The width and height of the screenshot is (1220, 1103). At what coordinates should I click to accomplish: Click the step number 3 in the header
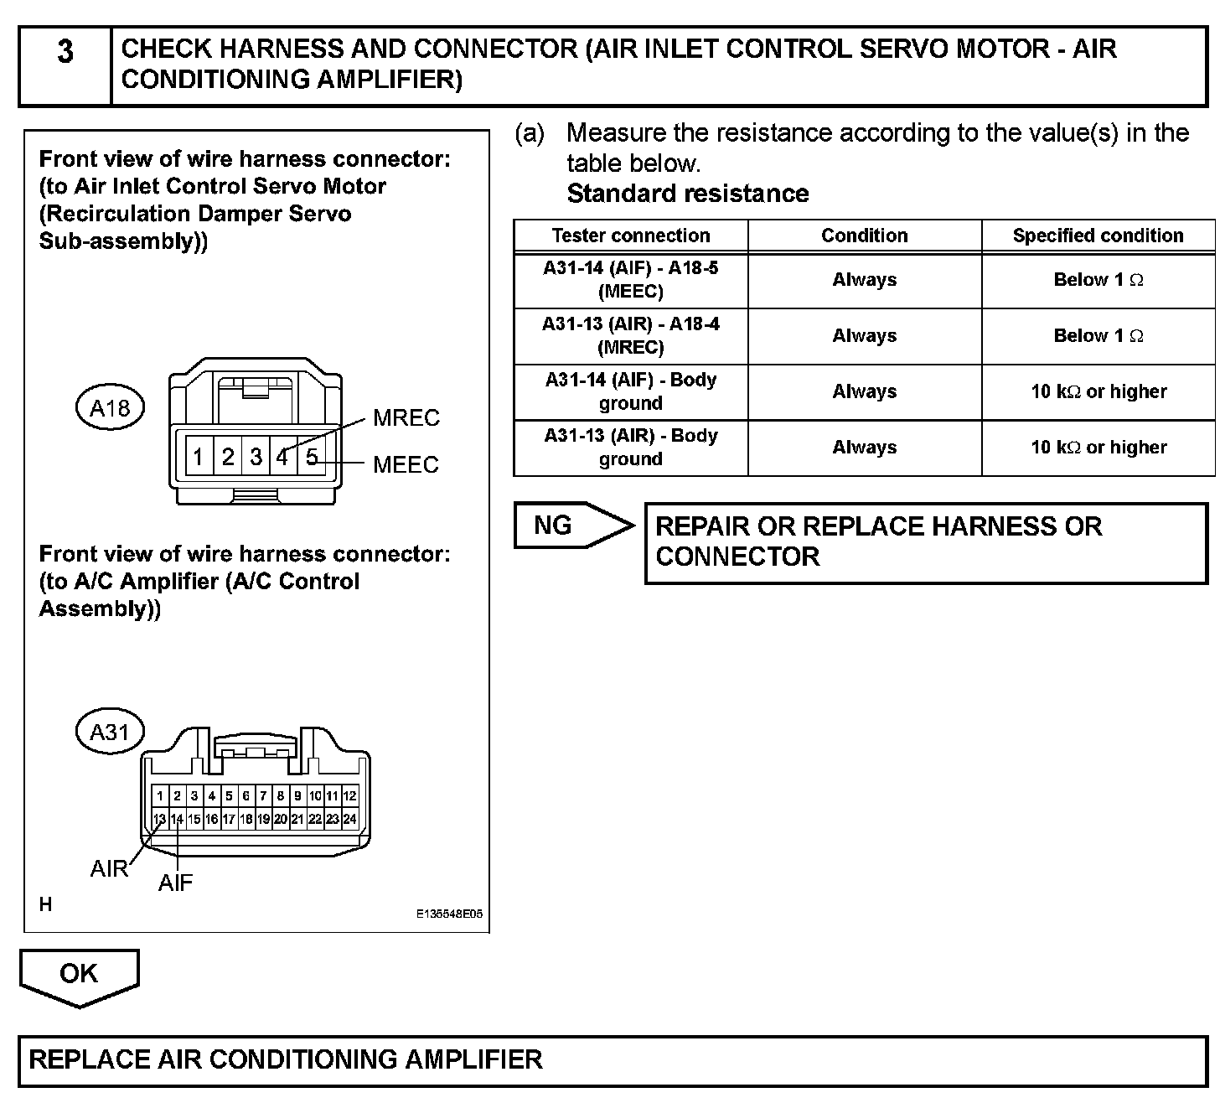pyautogui.click(x=65, y=52)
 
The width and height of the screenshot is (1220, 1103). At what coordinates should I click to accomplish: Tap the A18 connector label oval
pyautogui.click(x=110, y=408)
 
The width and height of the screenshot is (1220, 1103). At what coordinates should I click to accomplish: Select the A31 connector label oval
pyautogui.click(x=110, y=733)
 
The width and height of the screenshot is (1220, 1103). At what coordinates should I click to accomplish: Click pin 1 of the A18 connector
pyautogui.click(x=199, y=457)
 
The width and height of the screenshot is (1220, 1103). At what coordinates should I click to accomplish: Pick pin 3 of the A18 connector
pyautogui.click(x=256, y=457)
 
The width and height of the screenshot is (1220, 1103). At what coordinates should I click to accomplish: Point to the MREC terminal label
pyautogui.click(x=406, y=417)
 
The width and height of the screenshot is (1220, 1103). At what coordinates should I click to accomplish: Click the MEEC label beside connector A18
pyautogui.click(x=406, y=464)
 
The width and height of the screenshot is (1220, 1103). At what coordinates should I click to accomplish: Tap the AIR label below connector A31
pyautogui.click(x=109, y=869)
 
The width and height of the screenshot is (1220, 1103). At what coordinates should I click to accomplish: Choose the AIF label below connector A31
pyautogui.click(x=175, y=882)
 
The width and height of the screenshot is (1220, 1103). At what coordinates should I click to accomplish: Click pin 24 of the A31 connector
pyautogui.click(x=349, y=819)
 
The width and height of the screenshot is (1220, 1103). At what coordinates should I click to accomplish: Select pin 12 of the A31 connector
pyautogui.click(x=349, y=795)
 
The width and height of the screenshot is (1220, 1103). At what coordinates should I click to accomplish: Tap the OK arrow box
pyautogui.click(x=79, y=975)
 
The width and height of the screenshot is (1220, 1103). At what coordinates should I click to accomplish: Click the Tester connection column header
pyautogui.click(x=630, y=236)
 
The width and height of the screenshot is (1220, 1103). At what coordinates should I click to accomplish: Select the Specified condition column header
pyautogui.click(x=1098, y=236)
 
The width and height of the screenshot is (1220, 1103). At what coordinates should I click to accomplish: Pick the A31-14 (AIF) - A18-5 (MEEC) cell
pyautogui.click(x=630, y=280)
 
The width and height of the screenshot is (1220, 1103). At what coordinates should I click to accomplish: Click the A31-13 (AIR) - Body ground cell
pyautogui.click(x=630, y=448)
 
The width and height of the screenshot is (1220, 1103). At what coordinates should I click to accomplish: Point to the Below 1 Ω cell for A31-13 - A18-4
pyautogui.click(x=1098, y=336)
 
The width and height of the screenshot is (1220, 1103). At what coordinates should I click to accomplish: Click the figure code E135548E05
pyautogui.click(x=449, y=915)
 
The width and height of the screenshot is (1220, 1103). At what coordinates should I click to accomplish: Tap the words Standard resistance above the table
pyautogui.click(x=688, y=194)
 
